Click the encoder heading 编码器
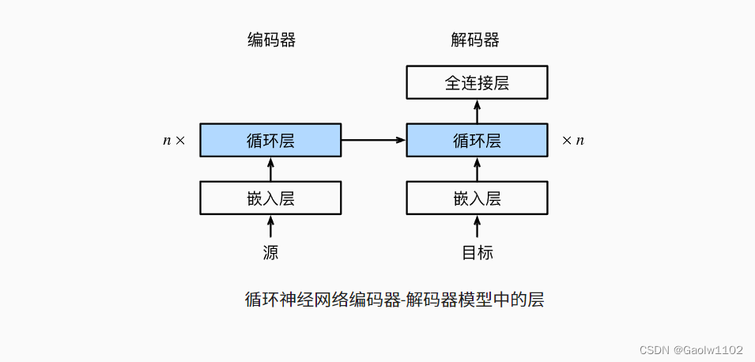(271, 40)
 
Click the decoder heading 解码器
(476, 40)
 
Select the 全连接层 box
(477, 82)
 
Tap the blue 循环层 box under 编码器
(270, 140)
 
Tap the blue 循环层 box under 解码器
(477, 140)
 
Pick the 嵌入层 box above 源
(270, 198)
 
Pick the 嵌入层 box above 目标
(477, 198)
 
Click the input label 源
(270, 253)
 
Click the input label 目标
(477, 253)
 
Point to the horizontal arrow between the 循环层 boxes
(373, 140)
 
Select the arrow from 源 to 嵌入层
(270, 228)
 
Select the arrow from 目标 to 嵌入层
(477, 228)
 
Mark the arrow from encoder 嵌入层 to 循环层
(270, 169)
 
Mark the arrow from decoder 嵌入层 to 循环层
(477, 169)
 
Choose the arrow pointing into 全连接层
(477, 111)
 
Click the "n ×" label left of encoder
(174, 141)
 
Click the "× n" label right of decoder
(573, 141)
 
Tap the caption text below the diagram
(394, 300)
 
